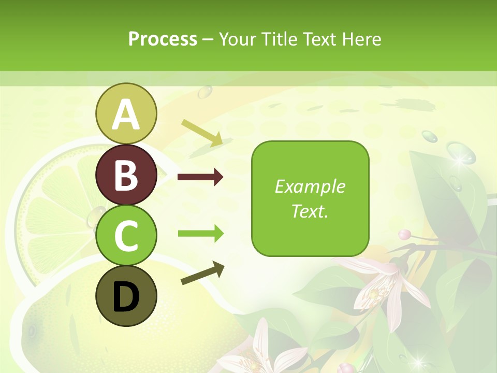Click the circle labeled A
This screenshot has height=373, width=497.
(x=126, y=113)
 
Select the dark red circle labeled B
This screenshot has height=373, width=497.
(x=126, y=175)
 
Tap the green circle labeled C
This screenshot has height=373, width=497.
(x=126, y=235)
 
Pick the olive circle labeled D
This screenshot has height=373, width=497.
(x=126, y=296)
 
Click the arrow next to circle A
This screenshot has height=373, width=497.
(x=202, y=133)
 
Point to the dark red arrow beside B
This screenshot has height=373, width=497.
(x=200, y=177)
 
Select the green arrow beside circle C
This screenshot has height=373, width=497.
(x=200, y=234)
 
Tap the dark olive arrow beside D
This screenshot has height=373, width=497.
(x=202, y=273)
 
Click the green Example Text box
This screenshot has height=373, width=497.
(x=310, y=198)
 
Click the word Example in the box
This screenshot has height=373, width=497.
(x=310, y=187)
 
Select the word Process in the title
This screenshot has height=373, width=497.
(x=163, y=39)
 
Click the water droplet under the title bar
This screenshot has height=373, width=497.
(x=205, y=92)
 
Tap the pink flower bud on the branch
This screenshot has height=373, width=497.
(x=405, y=234)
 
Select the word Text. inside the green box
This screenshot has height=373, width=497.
(x=310, y=211)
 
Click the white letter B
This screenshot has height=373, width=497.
(x=126, y=175)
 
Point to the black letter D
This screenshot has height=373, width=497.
(x=126, y=297)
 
